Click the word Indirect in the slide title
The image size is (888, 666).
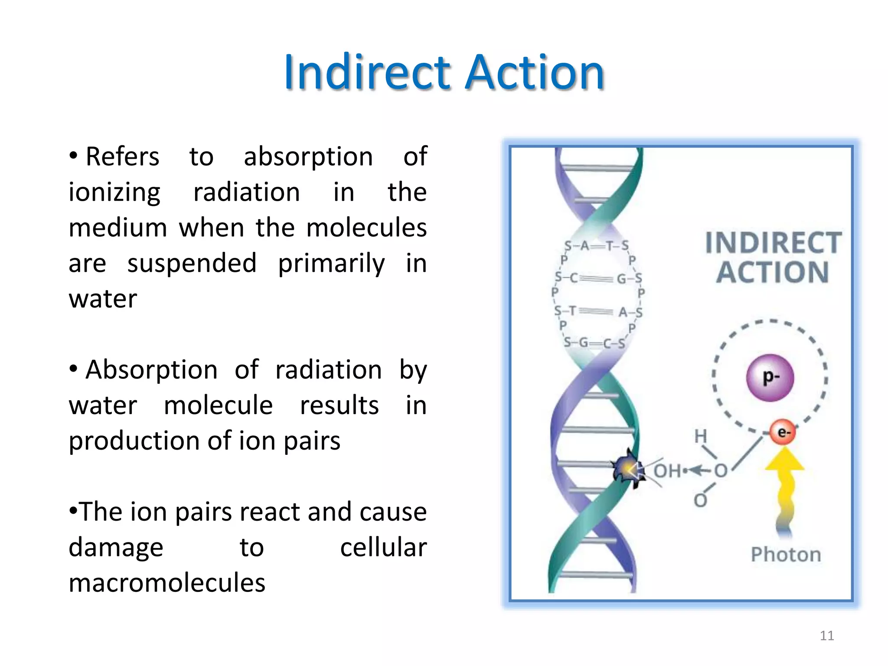click(x=369, y=72)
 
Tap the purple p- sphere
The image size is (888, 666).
click(x=770, y=377)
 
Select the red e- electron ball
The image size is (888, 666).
click(x=783, y=432)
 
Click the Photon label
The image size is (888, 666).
click(x=786, y=555)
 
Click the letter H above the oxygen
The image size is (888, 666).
click(x=701, y=436)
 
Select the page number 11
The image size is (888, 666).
click(x=827, y=636)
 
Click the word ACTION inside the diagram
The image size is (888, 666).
click(x=772, y=273)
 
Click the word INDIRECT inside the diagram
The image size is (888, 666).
click(x=773, y=242)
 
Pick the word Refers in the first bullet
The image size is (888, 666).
click(x=122, y=157)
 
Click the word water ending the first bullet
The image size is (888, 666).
click(x=103, y=299)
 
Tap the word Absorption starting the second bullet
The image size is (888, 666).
click(x=151, y=370)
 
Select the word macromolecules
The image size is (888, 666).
click(x=167, y=583)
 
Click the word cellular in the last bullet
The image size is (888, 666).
click(x=383, y=547)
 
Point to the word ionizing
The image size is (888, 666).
click(x=114, y=193)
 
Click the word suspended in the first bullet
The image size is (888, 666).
click(x=192, y=264)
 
